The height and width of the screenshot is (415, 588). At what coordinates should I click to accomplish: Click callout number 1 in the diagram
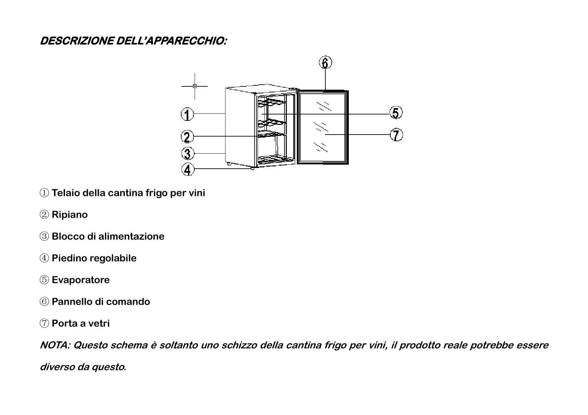(x=187, y=114)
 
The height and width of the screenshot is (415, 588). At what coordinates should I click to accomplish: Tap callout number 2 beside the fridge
(x=187, y=137)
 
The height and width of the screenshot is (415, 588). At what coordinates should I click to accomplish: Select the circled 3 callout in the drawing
(x=188, y=154)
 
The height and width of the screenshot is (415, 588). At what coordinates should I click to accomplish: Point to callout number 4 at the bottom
(x=188, y=169)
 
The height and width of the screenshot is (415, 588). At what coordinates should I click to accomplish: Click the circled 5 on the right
(x=396, y=113)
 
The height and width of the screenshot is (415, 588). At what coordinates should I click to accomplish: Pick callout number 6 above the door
(x=325, y=63)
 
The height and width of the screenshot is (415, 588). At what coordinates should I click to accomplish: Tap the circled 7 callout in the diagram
(x=396, y=135)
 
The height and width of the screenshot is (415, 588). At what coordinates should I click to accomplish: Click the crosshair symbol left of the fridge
(x=195, y=86)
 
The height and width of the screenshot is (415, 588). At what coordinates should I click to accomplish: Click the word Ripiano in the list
(x=70, y=215)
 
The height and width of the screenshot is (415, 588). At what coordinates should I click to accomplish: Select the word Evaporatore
(x=81, y=280)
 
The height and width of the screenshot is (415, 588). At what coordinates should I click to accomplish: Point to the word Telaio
(x=66, y=193)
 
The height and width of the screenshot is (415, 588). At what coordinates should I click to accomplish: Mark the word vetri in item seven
(x=99, y=323)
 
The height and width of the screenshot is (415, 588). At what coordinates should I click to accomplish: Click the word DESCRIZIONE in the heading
(x=76, y=41)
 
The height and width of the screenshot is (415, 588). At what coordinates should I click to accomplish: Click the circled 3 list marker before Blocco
(x=44, y=237)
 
